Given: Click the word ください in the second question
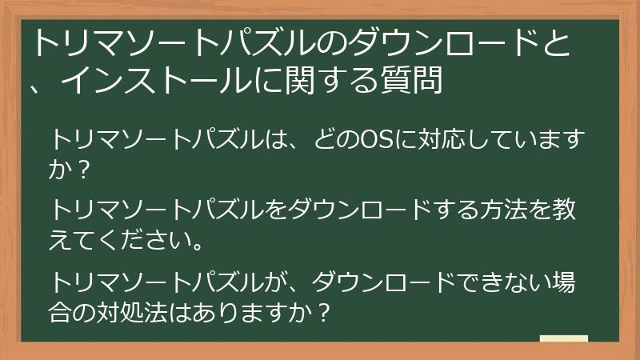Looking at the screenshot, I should [x=145, y=239].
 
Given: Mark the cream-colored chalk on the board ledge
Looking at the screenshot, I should [x=564, y=338].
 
